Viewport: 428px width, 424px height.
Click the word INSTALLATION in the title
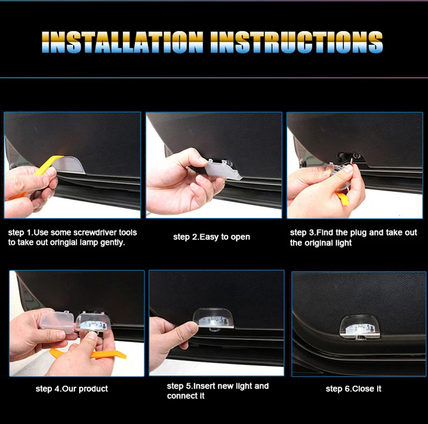point(122,42)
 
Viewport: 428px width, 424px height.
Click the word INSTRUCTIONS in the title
point(296,42)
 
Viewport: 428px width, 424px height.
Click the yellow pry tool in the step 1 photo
point(41,172)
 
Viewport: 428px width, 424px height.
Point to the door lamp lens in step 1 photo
point(69,165)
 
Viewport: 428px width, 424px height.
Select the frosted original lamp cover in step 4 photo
point(57,322)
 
